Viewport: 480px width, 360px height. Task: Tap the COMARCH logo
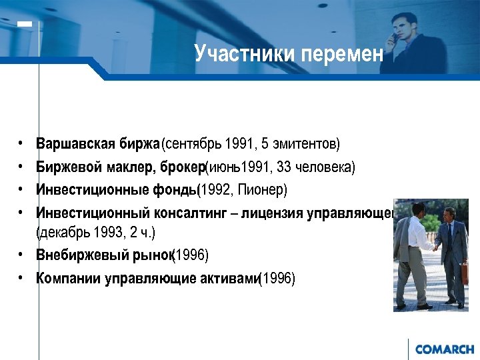[443, 349]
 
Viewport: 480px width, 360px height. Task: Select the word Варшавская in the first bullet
[76, 144]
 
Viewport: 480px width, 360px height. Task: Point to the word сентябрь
[193, 144]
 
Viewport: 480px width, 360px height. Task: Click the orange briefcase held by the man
[464, 273]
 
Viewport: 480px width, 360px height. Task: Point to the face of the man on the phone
[402, 25]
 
